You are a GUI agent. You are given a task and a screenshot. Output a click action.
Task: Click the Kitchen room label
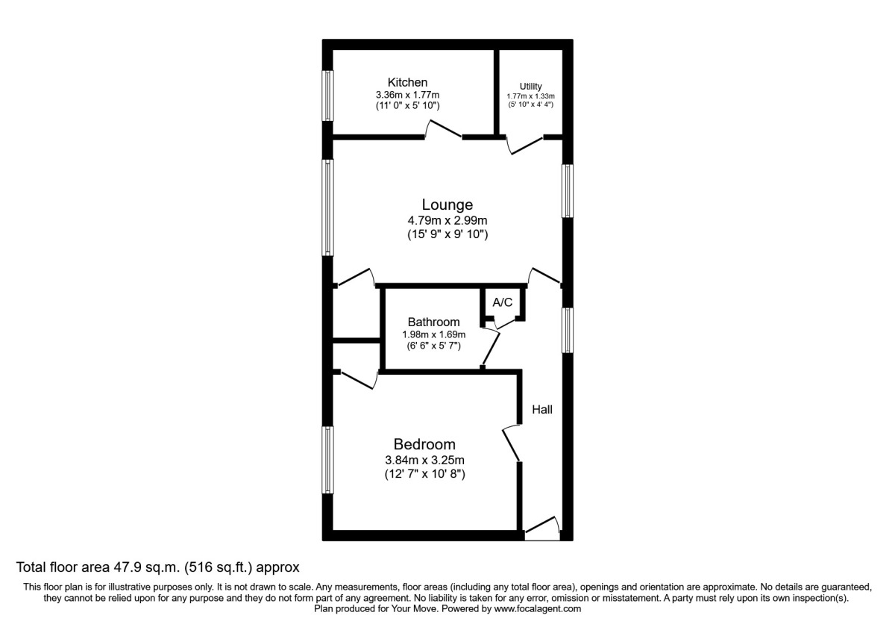407,82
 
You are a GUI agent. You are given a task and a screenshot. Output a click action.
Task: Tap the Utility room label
531,87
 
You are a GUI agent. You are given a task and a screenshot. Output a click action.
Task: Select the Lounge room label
447,205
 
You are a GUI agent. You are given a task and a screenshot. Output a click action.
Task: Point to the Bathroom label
433,322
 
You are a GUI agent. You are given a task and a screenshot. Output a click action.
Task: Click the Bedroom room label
424,444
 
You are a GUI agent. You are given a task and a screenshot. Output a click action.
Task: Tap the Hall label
542,410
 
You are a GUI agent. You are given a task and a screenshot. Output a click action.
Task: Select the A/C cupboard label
503,302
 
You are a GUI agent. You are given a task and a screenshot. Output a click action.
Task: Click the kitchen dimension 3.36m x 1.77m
407,95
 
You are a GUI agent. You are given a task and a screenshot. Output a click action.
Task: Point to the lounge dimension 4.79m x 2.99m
447,220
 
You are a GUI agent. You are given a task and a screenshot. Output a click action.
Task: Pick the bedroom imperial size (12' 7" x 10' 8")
424,474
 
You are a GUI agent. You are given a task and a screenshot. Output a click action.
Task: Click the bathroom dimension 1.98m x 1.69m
433,334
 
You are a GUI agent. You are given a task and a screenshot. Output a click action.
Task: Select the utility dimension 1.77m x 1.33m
531,96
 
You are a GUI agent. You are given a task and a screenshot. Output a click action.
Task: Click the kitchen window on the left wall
327,95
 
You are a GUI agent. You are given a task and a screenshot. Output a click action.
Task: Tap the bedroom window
327,459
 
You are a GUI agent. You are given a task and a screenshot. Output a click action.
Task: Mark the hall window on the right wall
568,330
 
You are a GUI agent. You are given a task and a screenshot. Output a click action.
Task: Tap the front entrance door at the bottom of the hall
542,528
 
